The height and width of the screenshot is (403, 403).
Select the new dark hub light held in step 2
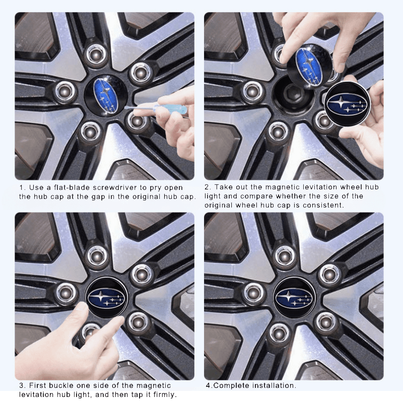348,105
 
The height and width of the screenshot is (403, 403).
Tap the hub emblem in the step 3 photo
106,297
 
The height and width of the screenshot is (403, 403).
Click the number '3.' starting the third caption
22,386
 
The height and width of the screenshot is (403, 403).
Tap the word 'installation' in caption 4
273,386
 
